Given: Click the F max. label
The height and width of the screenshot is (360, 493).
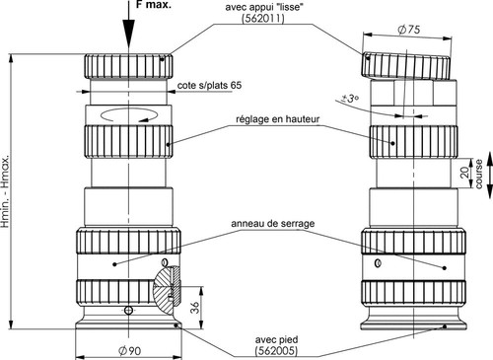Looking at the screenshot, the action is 154,5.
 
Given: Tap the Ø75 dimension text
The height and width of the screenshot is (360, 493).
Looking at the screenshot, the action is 408,30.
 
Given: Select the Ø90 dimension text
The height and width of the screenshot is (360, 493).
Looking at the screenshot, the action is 129,351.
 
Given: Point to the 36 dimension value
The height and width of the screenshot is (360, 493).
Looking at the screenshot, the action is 195,308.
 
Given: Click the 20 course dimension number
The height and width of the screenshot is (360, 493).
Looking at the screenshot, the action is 464,173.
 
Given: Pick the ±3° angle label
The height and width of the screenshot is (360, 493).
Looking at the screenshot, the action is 350,99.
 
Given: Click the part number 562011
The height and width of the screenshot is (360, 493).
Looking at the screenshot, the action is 263,19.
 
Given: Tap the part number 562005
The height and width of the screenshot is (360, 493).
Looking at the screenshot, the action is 276,351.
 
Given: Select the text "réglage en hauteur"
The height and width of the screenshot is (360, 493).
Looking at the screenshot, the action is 278,119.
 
